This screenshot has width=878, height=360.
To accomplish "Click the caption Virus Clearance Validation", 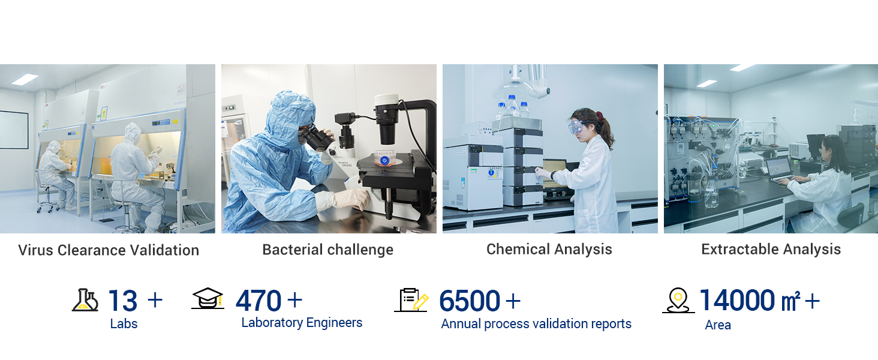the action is click(x=109, y=250).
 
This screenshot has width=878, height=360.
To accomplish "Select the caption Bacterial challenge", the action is click(x=327, y=250).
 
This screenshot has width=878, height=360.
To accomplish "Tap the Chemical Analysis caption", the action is click(x=549, y=250).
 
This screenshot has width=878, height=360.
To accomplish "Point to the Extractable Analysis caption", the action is click(x=771, y=250).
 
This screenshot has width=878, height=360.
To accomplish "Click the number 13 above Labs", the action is click(x=123, y=301).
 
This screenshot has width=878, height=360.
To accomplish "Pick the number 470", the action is click(x=258, y=301).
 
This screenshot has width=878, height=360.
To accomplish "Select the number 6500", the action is click(x=470, y=301).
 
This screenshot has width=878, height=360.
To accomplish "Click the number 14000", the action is click(x=737, y=300).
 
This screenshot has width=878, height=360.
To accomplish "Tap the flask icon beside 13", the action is click(x=85, y=301).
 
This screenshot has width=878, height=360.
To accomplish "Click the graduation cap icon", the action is click(x=208, y=298).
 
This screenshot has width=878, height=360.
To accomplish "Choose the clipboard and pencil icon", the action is click(x=411, y=300).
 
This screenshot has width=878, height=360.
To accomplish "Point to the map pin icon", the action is click(x=678, y=301).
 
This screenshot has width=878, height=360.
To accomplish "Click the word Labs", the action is click(x=124, y=324).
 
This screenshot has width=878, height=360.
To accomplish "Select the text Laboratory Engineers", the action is click(x=302, y=323).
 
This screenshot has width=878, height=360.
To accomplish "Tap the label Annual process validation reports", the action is click(x=536, y=324).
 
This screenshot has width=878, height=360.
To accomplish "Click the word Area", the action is click(x=718, y=325).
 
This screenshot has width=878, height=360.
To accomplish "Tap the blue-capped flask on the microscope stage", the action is click(x=384, y=159).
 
